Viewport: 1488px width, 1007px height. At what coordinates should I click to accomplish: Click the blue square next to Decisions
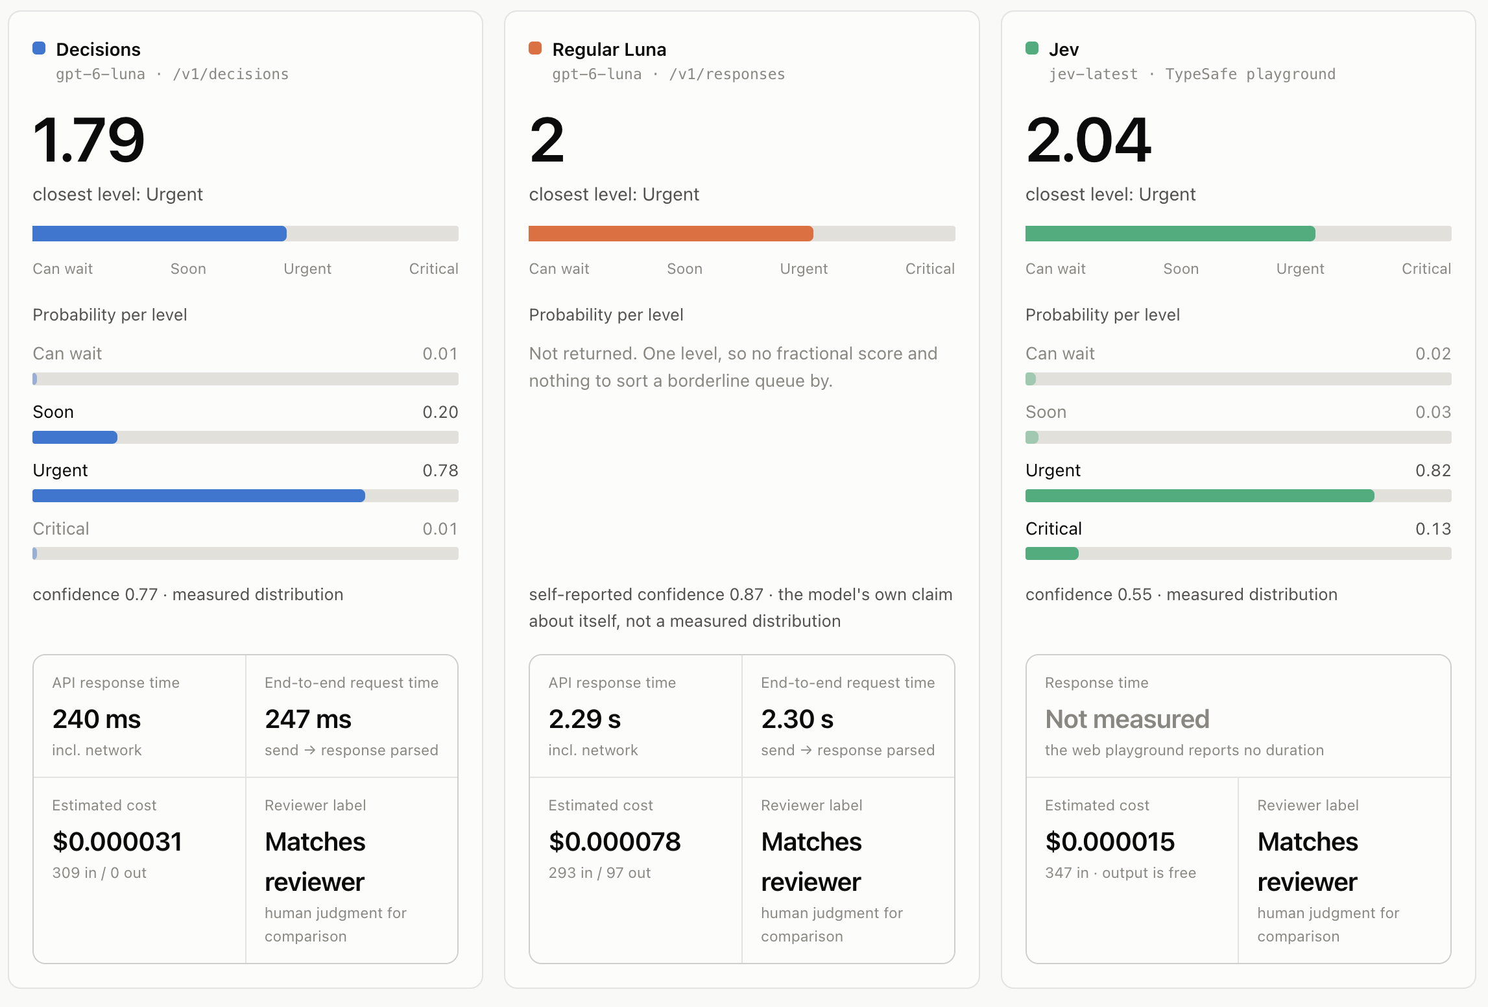tap(39, 48)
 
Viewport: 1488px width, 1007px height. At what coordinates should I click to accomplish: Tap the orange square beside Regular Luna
tap(535, 48)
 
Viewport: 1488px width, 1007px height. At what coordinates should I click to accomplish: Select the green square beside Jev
tap(1032, 48)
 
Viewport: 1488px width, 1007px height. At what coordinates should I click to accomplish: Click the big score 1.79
tap(89, 140)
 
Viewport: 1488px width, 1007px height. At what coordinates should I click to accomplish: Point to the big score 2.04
tap(1088, 140)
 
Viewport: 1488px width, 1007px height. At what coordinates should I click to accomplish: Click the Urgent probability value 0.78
tap(440, 470)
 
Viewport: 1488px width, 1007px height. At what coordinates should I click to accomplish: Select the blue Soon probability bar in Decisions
tap(75, 437)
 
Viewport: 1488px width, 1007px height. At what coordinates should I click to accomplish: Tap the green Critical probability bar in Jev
tap(1051, 553)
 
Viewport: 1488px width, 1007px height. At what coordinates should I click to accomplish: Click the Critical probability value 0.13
tap(1433, 529)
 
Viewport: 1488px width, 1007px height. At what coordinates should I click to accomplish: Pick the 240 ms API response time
tap(97, 719)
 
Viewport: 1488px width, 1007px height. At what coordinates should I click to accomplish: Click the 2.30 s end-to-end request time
tap(797, 719)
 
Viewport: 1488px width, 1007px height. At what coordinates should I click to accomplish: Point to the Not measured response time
tap(1127, 719)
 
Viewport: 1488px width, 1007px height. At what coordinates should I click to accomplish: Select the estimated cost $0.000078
tap(615, 842)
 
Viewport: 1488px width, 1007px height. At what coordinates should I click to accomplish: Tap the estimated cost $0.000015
tap(1110, 842)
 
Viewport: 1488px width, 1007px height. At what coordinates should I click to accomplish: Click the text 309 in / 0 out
tap(99, 873)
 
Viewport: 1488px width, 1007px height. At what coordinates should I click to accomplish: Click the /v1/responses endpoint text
tap(727, 74)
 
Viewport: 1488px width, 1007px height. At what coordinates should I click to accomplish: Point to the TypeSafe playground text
tap(1251, 74)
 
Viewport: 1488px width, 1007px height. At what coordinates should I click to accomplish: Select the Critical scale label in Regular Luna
tap(930, 269)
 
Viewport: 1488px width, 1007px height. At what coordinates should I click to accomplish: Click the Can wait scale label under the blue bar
tap(63, 269)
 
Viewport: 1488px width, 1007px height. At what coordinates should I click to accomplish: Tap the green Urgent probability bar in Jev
tap(1200, 496)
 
